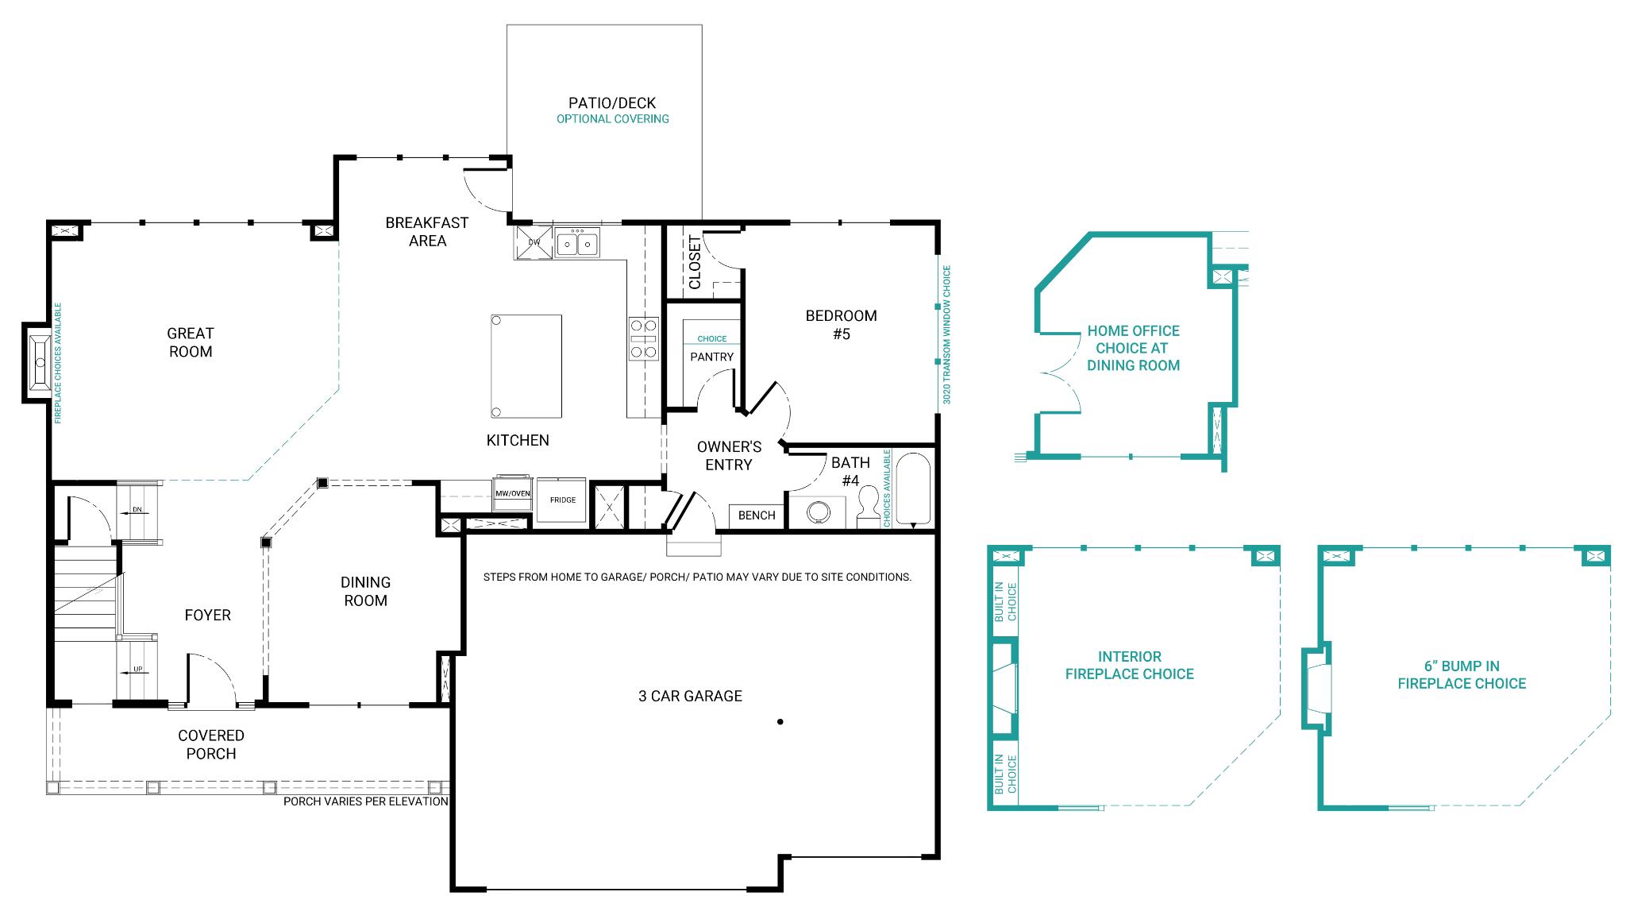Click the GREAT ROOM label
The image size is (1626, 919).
click(x=191, y=342)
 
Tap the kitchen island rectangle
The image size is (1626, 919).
click(x=526, y=366)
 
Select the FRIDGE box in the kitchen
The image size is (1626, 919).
click(x=562, y=500)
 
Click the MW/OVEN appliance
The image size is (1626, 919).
click(x=513, y=494)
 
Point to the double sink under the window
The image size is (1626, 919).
click(x=577, y=242)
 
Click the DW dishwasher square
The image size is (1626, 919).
click(x=534, y=242)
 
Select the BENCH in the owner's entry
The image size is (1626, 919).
click(x=757, y=515)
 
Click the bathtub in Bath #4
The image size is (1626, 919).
click(x=913, y=489)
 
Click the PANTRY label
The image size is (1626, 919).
click(x=711, y=357)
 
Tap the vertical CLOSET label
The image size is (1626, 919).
click(x=695, y=262)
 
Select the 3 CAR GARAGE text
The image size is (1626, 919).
click(x=690, y=696)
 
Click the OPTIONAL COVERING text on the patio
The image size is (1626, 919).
click(x=612, y=119)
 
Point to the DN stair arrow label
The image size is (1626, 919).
click(x=137, y=510)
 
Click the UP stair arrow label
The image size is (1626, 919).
click(x=137, y=670)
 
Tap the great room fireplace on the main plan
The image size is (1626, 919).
click(x=39, y=364)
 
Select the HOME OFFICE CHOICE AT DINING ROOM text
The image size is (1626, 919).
click(x=1133, y=348)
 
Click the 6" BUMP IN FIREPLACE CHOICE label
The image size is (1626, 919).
click(x=1462, y=674)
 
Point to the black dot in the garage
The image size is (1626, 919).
click(x=780, y=722)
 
